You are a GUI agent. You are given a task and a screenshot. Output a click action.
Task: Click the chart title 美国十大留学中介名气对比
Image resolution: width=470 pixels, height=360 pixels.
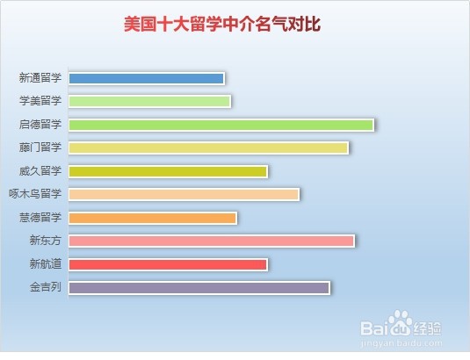point(222,24)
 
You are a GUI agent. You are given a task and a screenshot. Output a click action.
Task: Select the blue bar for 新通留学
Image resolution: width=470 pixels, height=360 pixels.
point(147,79)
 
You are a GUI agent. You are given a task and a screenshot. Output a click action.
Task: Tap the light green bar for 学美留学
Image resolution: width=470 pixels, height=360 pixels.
point(149,102)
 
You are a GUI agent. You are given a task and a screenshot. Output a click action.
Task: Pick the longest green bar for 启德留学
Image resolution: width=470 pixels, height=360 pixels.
point(221,125)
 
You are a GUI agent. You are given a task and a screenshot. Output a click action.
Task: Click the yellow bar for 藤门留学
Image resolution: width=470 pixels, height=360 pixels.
point(208,148)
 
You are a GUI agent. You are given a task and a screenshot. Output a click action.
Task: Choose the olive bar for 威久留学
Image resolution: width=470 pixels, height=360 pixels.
point(168,171)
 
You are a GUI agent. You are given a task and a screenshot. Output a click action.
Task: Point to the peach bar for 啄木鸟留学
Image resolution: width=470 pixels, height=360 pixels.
point(184,195)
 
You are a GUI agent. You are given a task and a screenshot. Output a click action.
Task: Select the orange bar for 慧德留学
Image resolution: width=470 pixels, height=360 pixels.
point(153,219)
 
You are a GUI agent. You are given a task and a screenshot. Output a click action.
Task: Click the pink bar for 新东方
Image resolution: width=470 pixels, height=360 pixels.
point(212,241)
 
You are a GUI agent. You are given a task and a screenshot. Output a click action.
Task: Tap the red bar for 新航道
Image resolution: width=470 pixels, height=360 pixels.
point(168,265)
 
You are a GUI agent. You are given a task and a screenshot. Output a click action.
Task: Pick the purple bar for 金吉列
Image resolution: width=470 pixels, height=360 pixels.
point(199,288)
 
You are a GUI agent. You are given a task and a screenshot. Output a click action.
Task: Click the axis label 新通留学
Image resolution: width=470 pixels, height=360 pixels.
point(40,78)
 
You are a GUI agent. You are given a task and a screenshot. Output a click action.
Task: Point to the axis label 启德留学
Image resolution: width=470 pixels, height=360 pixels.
point(40,125)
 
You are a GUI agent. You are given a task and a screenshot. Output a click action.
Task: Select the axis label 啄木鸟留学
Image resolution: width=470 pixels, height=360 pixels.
point(35,194)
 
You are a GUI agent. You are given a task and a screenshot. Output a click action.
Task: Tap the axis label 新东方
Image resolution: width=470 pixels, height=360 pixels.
point(46,241)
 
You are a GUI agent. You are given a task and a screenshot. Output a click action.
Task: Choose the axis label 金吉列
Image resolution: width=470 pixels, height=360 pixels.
point(46,287)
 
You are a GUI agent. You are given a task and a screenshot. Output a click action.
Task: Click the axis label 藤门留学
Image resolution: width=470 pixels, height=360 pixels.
point(40,148)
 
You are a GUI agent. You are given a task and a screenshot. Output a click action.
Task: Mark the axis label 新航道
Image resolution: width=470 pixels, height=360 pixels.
point(46,264)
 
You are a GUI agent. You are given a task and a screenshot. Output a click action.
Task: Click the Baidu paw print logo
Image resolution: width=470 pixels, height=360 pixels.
point(400,323)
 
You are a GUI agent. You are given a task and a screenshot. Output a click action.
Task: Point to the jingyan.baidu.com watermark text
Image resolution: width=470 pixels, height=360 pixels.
point(401,343)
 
